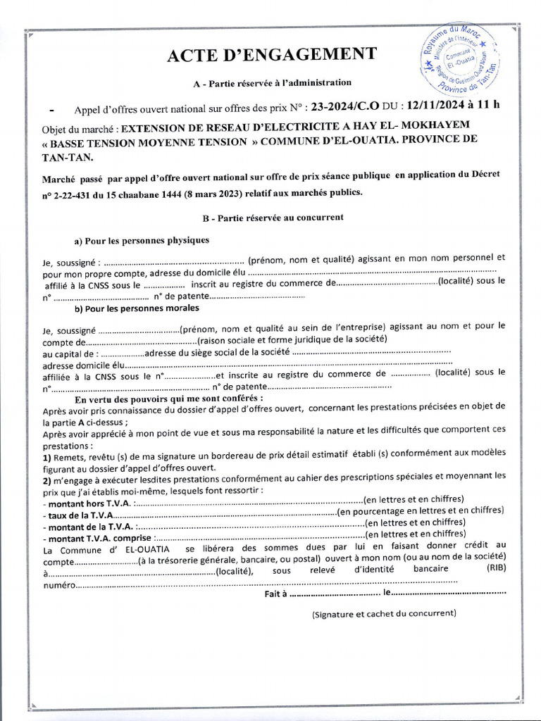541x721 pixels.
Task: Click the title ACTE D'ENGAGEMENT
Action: point(272,56)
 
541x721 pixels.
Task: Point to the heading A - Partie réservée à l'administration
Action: point(272,83)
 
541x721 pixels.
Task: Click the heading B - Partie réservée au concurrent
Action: point(273,218)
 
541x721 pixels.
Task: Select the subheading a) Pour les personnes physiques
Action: point(142,240)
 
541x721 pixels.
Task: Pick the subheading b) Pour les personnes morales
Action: point(137,308)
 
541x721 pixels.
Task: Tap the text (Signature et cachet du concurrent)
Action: point(383,613)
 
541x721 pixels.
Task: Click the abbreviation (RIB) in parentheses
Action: point(495,570)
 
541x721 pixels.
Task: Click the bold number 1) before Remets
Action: point(47,456)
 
